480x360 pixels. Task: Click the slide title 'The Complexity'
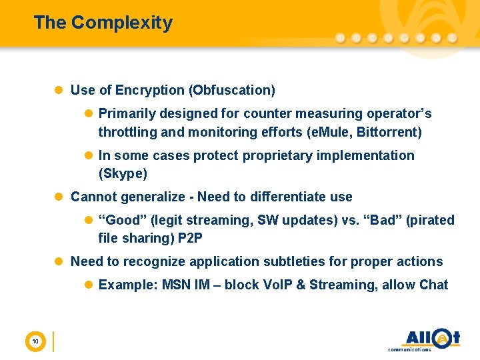point(103,23)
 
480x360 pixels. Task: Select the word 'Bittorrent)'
point(389,132)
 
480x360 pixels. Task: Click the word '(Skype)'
point(123,174)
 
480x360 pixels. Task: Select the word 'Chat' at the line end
point(433,285)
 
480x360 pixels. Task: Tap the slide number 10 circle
point(35,342)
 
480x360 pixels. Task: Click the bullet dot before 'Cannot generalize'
point(59,197)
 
